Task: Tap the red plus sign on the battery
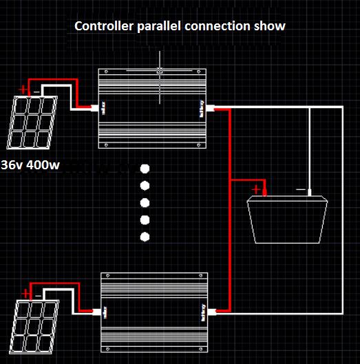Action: tap(257, 189)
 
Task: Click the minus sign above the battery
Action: tap(299, 188)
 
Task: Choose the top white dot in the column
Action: tap(145, 169)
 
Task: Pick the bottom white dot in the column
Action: tap(145, 237)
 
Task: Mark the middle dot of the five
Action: tap(145, 203)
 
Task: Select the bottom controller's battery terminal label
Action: tap(202, 312)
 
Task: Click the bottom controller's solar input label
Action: tap(106, 312)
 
